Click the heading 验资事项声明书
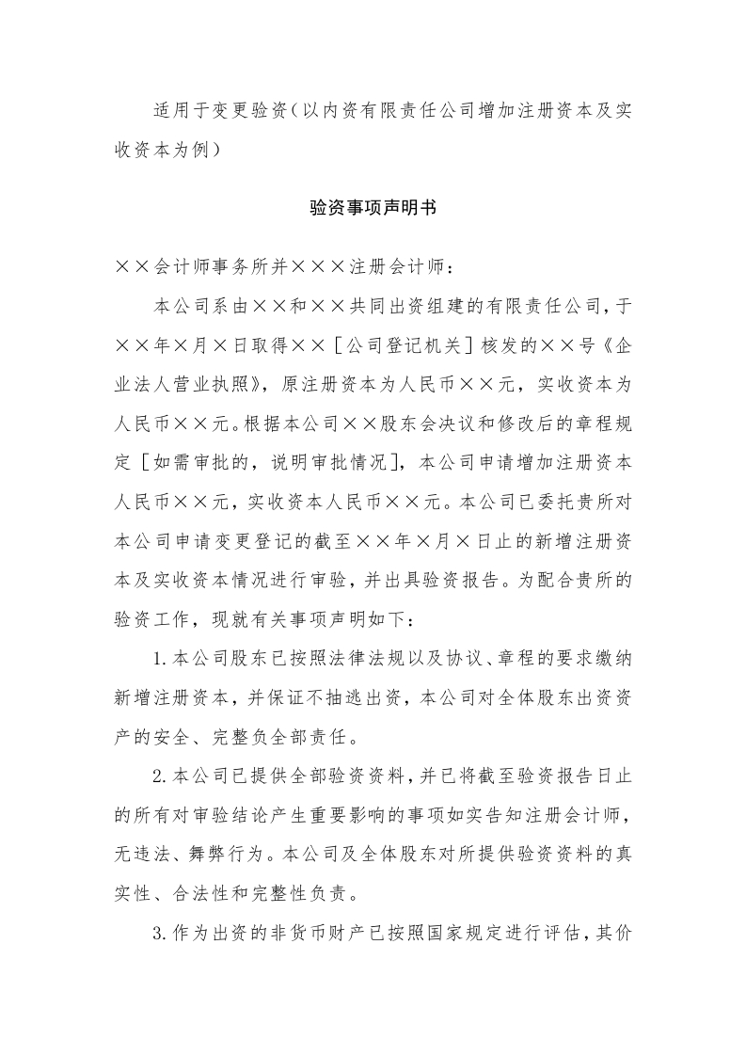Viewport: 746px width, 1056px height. click(x=373, y=208)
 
